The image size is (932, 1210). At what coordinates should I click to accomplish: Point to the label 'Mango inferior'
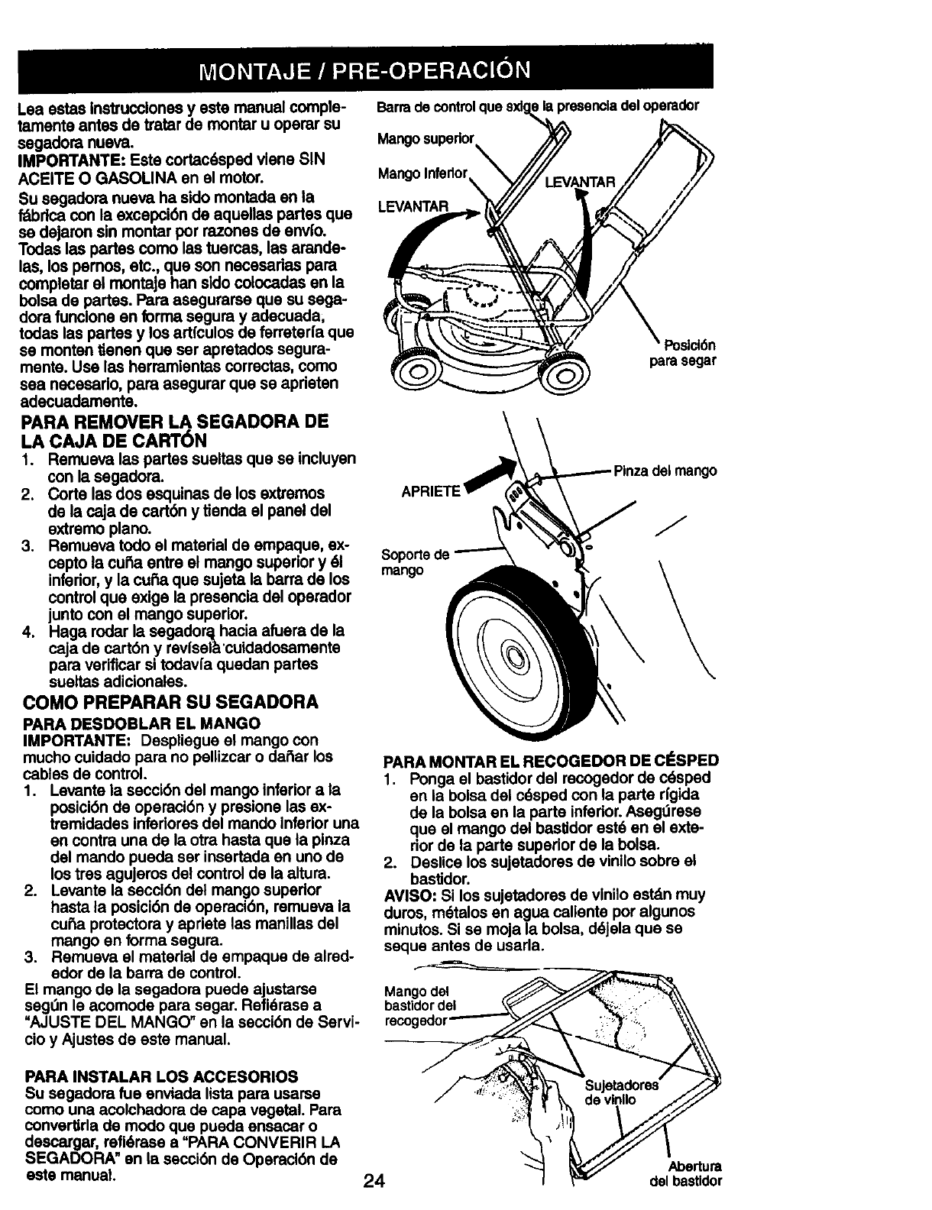(x=422, y=175)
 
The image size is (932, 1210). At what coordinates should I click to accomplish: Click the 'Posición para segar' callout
(x=682, y=354)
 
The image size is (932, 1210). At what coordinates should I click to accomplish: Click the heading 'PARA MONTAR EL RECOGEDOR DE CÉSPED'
(x=550, y=761)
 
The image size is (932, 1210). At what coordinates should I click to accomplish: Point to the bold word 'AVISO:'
(x=407, y=895)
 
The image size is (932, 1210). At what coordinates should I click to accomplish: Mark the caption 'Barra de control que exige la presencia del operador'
(x=538, y=105)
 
